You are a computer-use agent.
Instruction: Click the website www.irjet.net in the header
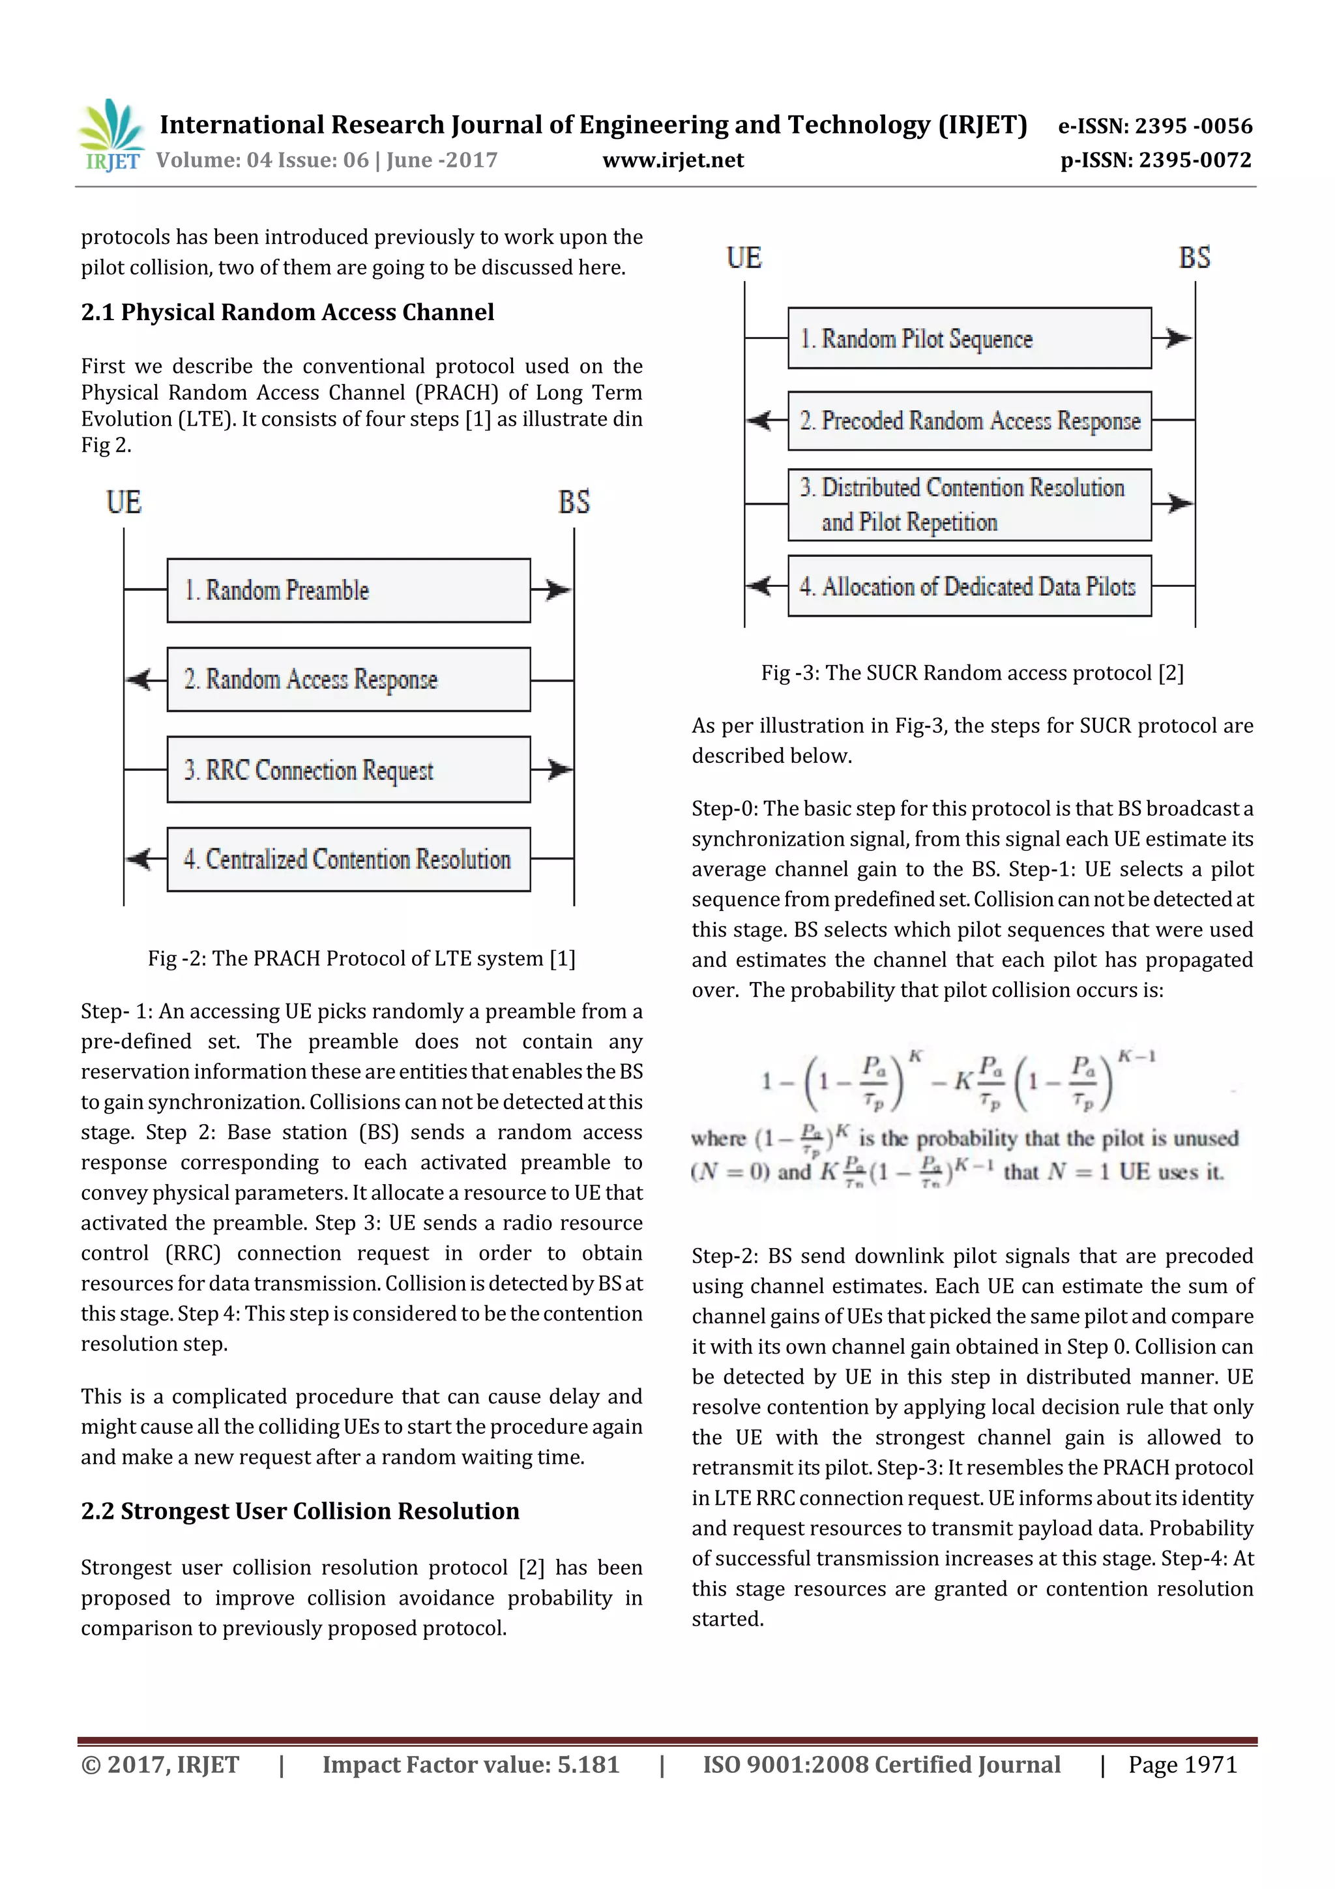click(x=672, y=160)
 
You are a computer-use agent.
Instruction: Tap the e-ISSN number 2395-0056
click(x=1193, y=126)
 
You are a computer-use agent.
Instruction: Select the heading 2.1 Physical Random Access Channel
click(x=287, y=312)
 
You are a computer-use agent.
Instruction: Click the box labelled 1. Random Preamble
click(x=348, y=590)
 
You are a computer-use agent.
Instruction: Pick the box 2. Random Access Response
click(x=348, y=679)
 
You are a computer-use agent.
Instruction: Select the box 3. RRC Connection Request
click(x=348, y=769)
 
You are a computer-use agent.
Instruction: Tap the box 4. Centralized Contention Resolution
click(x=348, y=859)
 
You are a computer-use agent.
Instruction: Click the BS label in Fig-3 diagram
click(x=1194, y=258)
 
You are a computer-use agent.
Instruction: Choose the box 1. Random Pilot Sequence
click(x=969, y=338)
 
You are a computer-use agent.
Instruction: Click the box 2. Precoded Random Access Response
click(x=969, y=421)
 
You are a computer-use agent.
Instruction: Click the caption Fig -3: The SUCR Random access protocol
click(x=971, y=673)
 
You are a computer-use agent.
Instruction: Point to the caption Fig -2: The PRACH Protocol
click(x=361, y=959)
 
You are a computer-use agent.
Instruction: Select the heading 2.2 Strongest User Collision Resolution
click(x=301, y=1511)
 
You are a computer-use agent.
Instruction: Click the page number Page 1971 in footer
click(x=1182, y=1764)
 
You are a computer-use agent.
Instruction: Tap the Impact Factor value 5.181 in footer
click(x=471, y=1764)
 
